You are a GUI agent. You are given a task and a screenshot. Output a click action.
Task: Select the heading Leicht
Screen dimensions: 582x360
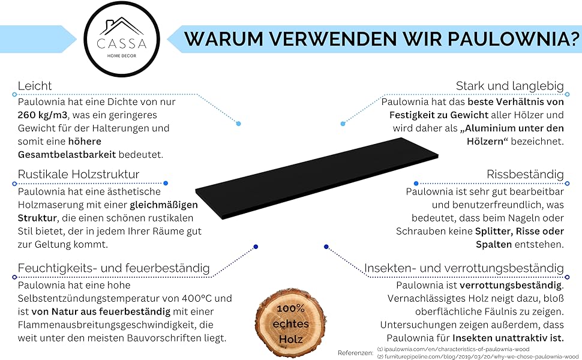click(x=35, y=86)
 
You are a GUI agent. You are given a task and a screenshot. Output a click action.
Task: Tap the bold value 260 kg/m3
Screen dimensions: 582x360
click(x=43, y=115)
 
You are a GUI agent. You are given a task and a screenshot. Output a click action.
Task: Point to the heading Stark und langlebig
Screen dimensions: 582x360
click(x=509, y=86)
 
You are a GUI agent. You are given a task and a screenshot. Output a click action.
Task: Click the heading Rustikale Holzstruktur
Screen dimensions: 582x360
click(x=79, y=174)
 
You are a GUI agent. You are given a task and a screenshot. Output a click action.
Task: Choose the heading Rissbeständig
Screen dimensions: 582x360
click(x=525, y=174)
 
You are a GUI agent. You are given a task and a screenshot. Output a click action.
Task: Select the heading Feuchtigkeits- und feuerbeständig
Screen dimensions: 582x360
click(x=113, y=268)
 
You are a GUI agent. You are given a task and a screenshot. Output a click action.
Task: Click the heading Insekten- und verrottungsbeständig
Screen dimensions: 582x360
click(x=464, y=268)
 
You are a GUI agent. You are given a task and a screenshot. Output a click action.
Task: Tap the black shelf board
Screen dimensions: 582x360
click(x=317, y=178)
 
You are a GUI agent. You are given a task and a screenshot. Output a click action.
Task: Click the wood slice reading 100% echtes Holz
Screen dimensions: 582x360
click(x=290, y=322)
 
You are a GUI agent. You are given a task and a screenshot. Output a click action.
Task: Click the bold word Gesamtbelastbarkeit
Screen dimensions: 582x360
click(x=67, y=155)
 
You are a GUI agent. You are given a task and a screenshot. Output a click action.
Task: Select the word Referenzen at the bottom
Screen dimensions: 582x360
click(x=355, y=353)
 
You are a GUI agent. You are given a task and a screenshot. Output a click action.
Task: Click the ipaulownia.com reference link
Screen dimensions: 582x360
click(x=453, y=349)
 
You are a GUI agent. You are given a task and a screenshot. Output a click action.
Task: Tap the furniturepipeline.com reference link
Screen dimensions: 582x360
click(x=478, y=356)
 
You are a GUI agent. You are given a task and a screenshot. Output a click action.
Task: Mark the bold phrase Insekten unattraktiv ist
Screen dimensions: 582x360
click(x=508, y=338)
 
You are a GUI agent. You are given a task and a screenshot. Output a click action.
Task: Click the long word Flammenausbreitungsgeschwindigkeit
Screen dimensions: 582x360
click(x=107, y=325)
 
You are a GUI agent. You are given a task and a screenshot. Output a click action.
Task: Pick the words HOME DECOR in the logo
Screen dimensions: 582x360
click(x=122, y=56)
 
